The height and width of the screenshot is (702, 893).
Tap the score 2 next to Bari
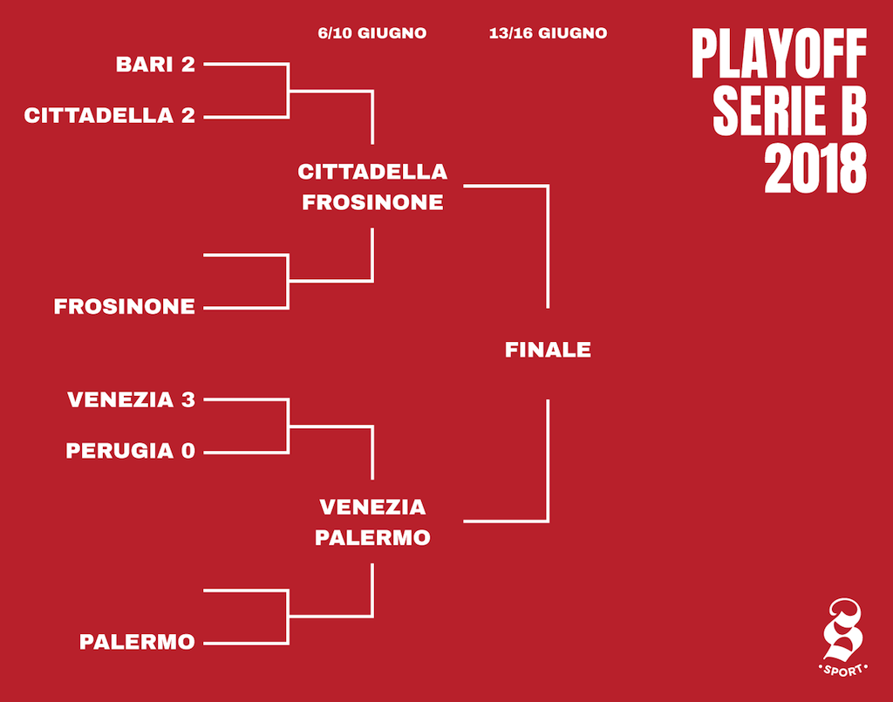click(188, 65)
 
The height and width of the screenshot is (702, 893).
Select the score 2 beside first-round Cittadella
click(188, 116)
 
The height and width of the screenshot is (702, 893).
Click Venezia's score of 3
click(188, 399)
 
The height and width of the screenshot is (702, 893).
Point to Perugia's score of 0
click(188, 451)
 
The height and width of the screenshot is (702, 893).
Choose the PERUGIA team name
click(119, 451)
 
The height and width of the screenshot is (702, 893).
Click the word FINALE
click(548, 350)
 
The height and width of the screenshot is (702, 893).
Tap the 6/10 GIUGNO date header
click(372, 34)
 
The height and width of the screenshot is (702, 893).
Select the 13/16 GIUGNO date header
click(548, 34)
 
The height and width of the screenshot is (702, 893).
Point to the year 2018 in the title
click(815, 169)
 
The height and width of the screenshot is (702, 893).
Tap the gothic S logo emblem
click(843, 630)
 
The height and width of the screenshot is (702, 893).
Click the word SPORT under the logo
click(843, 670)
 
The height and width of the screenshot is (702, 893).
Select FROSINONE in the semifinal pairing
click(372, 202)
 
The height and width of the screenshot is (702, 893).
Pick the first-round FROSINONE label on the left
click(124, 307)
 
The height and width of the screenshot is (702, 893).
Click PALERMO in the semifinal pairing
click(372, 538)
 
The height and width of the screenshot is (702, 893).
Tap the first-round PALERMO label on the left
click(137, 642)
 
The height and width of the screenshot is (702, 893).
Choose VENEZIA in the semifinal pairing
click(372, 508)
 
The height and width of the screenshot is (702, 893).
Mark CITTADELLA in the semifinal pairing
click(372, 172)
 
